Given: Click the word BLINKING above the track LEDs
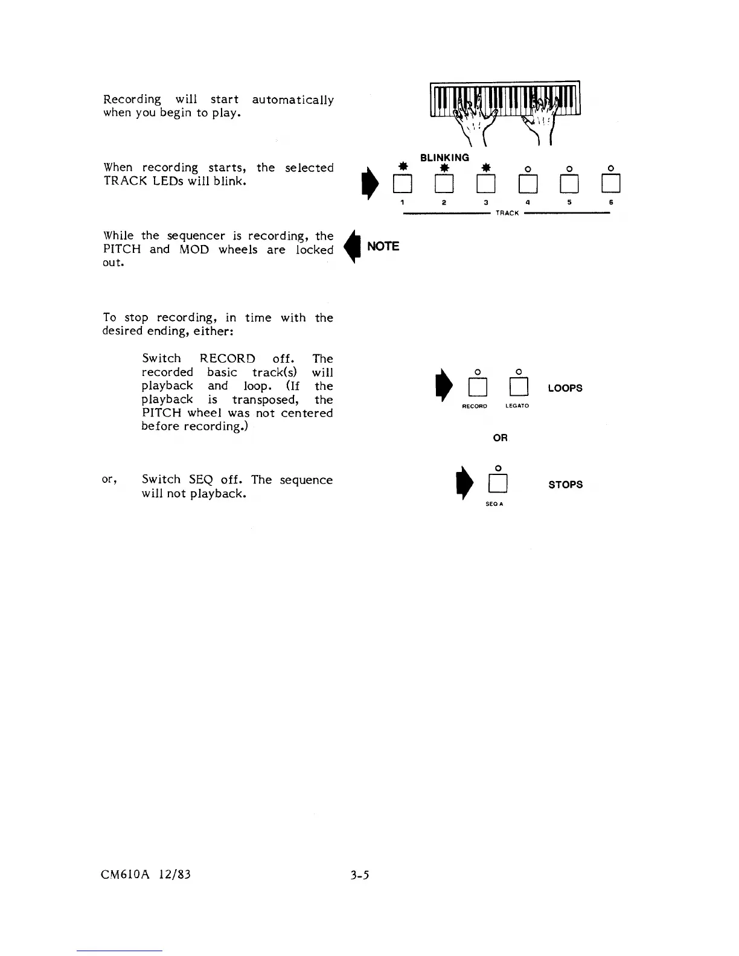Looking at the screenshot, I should [444, 158].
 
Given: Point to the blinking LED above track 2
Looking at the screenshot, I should [444, 167].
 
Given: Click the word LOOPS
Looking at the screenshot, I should [565, 388].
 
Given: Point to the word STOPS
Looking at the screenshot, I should [565, 485].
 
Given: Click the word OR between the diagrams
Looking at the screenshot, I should [500, 438].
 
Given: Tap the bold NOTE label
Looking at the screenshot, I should [383, 246].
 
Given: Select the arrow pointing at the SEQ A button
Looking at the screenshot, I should [464, 483].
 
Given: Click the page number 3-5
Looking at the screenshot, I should [359, 873].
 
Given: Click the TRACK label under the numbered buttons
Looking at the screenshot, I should [507, 213].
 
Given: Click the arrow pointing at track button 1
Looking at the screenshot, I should [364, 183].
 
